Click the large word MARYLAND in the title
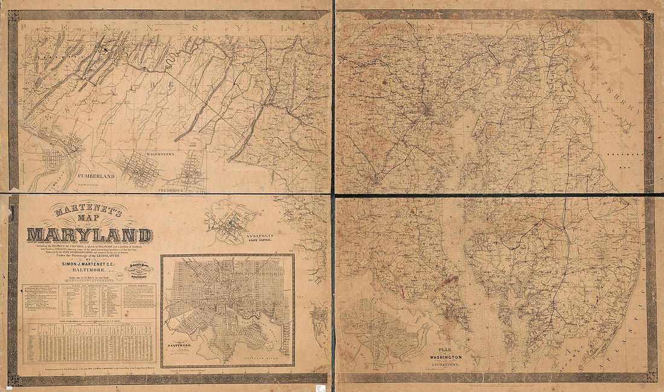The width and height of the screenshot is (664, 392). tap(89, 235)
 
